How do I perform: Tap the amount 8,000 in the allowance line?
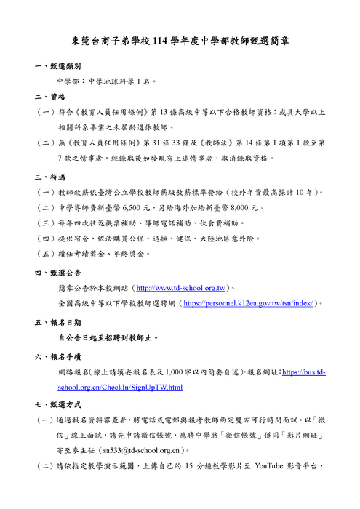click(244, 208)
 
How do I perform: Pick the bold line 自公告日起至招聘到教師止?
click(108, 338)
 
